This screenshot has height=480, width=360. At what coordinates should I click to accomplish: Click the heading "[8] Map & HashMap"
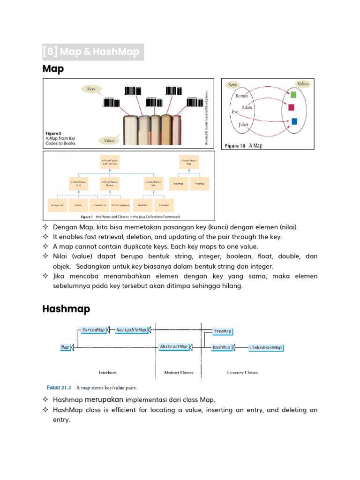(x=92, y=52)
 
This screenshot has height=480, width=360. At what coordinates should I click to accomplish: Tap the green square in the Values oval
(x=293, y=95)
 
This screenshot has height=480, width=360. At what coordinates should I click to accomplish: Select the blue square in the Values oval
(x=294, y=121)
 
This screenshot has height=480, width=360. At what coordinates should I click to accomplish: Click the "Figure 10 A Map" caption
(x=243, y=146)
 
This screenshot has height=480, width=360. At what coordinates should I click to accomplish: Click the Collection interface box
(x=110, y=162)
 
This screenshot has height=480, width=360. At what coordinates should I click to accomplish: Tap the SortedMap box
(x=93, y=330)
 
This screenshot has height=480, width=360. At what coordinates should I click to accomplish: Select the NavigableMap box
(x=131, y=330)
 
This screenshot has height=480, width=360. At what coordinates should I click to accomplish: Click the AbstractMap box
(x=173, y=347)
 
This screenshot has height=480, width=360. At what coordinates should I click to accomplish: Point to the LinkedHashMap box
(x=265, y=348)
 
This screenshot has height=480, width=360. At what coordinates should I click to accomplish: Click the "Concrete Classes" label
(x=242, y=373)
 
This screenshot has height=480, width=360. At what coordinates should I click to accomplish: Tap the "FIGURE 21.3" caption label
(x=60, y=388)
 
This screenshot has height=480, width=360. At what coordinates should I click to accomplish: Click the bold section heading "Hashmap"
(x=66, y=309)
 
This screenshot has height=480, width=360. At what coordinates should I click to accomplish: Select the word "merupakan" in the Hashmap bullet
(x=105, y=399)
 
